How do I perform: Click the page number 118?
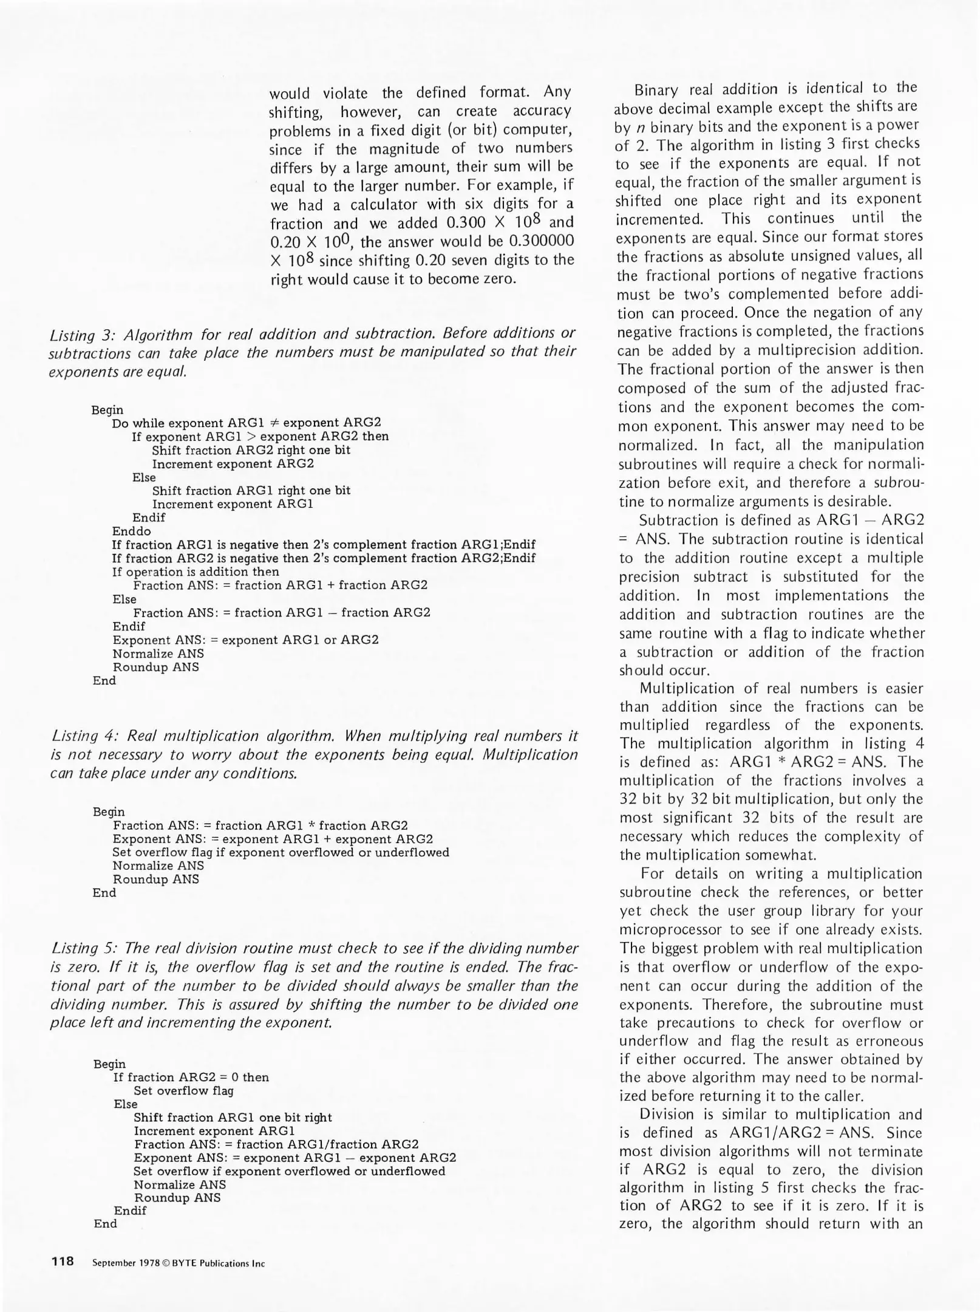pos(63,1261)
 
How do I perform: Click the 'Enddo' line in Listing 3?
pos(131,531)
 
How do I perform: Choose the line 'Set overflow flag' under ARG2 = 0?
pos(183,1091)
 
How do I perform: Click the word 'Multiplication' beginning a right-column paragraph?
pos(678,689)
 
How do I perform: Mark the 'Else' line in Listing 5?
pos(126,1104)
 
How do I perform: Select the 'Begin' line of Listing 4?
pos(108,811)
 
